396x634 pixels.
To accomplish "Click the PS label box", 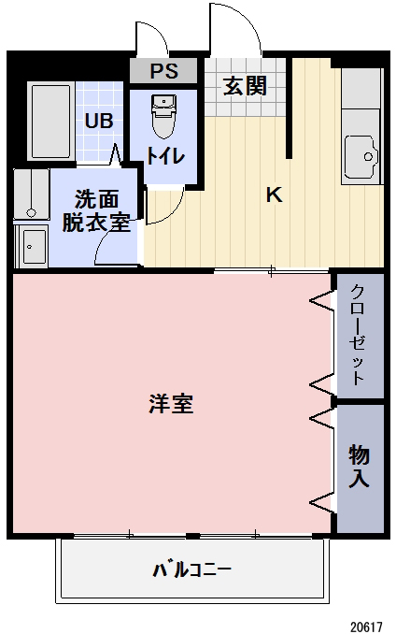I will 163,71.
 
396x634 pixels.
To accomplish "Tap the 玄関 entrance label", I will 245,86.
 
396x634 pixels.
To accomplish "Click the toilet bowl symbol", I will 163,117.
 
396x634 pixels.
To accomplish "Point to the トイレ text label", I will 164,157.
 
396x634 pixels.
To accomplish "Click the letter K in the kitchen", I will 274,195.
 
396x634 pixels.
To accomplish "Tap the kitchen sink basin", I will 360,154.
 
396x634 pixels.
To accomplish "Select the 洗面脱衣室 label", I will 97,210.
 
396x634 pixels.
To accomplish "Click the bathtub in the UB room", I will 50,121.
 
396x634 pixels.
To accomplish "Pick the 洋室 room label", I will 171,405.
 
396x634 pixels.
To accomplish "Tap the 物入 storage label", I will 360,467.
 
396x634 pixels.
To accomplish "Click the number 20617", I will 367,622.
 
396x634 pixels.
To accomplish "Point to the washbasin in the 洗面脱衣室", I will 34,246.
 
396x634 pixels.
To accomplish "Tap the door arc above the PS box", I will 149,37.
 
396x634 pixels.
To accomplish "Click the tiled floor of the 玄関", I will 245,105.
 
